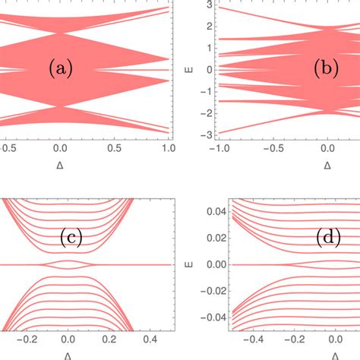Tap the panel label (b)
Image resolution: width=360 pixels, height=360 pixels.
(x=328, y=70)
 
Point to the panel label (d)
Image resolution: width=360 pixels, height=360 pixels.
(x=328, y=240)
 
